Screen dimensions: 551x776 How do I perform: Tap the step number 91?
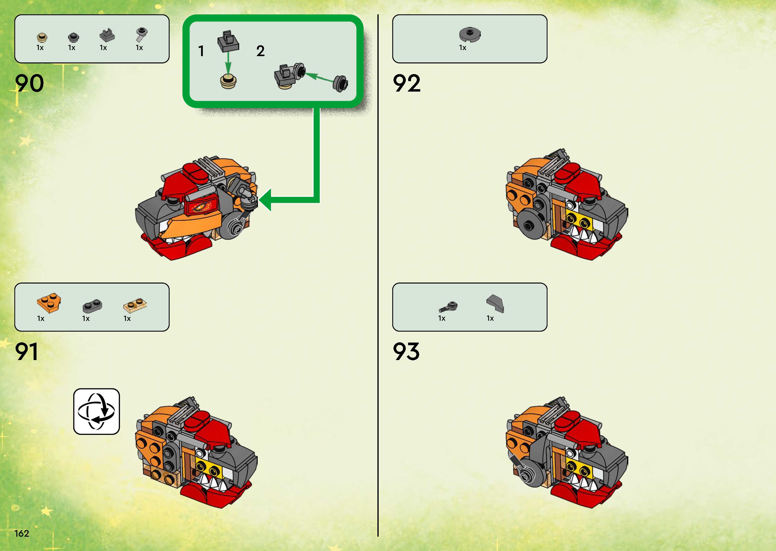click(x=27, y=352)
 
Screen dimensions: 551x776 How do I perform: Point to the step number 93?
click(x=406, y=352)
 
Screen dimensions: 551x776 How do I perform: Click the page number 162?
click(x=22, y=533)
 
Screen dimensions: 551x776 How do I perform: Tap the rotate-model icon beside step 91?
click(x=97, y=411)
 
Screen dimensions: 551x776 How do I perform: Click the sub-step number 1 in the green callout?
click(x=201, y=51)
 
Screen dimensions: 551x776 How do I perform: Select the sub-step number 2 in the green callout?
click(x=260, y=51)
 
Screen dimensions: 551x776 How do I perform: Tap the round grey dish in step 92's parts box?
click(x=470, y=34)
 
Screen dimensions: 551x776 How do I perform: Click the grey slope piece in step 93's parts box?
click(x=495, y=303)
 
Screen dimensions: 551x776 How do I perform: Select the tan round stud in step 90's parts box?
click(x=42, y=37)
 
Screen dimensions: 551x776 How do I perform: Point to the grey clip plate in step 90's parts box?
click(x=107, y=35)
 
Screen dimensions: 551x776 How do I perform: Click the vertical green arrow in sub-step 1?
click(x=228, y=63)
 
